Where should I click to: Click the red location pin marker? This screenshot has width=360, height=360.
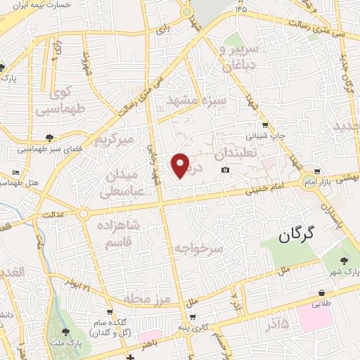(x=181, y=165)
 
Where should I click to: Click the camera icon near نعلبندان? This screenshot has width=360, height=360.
(x=225, y=170)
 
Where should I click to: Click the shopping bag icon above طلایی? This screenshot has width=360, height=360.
(x=321, y=292)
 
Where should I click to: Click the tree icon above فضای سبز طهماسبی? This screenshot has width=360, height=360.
(x=49, y=138)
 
